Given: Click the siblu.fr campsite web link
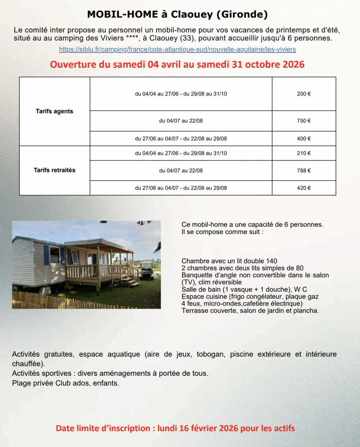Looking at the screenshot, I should click(x=177, y=49).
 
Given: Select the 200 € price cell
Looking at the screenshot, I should click(x=304, y=94).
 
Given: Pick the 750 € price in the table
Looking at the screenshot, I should click(x=304, y=121).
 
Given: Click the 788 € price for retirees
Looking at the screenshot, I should click(x=304, y=171).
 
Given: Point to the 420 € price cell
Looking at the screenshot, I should click(x=304, y=188).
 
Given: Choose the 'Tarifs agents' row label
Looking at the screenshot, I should click(x=55, y=111).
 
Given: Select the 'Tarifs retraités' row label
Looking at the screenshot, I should click(x=55, y=170).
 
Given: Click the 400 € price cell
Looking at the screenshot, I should click(x=304, y=139).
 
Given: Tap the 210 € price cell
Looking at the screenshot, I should click(x=304, y=153).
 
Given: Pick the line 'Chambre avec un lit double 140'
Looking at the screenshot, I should click(x=229, y=261).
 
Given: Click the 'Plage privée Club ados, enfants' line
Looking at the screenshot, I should click(x=65, y=383).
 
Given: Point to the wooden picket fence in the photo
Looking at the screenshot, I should click(x=65, y=301).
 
